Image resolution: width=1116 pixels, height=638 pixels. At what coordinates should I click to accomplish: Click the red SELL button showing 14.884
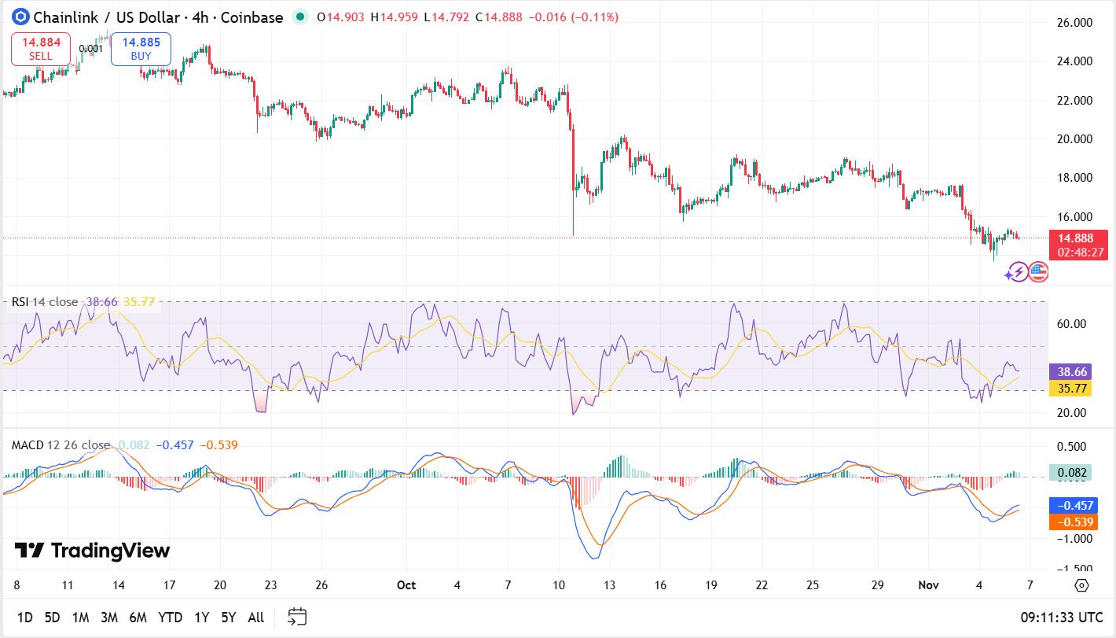(41, 49)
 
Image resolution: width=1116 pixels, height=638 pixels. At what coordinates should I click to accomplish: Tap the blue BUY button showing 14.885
(141, 49)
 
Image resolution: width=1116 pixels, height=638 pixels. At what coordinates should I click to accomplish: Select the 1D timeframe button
(25, 618)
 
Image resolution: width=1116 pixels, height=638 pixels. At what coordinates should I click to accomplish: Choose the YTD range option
(171, 618)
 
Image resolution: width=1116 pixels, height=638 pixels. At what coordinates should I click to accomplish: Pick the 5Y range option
(228, 618)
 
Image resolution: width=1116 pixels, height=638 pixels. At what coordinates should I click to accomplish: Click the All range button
(255, 618)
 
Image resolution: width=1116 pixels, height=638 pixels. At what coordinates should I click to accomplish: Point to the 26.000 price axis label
(1074, 23)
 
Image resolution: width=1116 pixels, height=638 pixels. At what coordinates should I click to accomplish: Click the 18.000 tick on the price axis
(1074, 178)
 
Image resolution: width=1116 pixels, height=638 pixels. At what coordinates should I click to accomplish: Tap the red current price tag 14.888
(1081, 245)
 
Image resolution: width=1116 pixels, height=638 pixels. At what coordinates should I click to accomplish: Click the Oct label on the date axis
(406, 585)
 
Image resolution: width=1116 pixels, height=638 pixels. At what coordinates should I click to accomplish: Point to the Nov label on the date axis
(928, 585)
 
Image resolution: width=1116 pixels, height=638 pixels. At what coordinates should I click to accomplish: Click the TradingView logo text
(93, 551)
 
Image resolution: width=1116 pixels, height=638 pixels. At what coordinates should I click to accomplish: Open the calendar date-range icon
(297, 617)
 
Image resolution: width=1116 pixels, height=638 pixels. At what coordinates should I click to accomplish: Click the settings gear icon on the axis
(1081, 585)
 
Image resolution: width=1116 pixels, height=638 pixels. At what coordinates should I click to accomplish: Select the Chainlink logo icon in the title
(20, 17)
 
